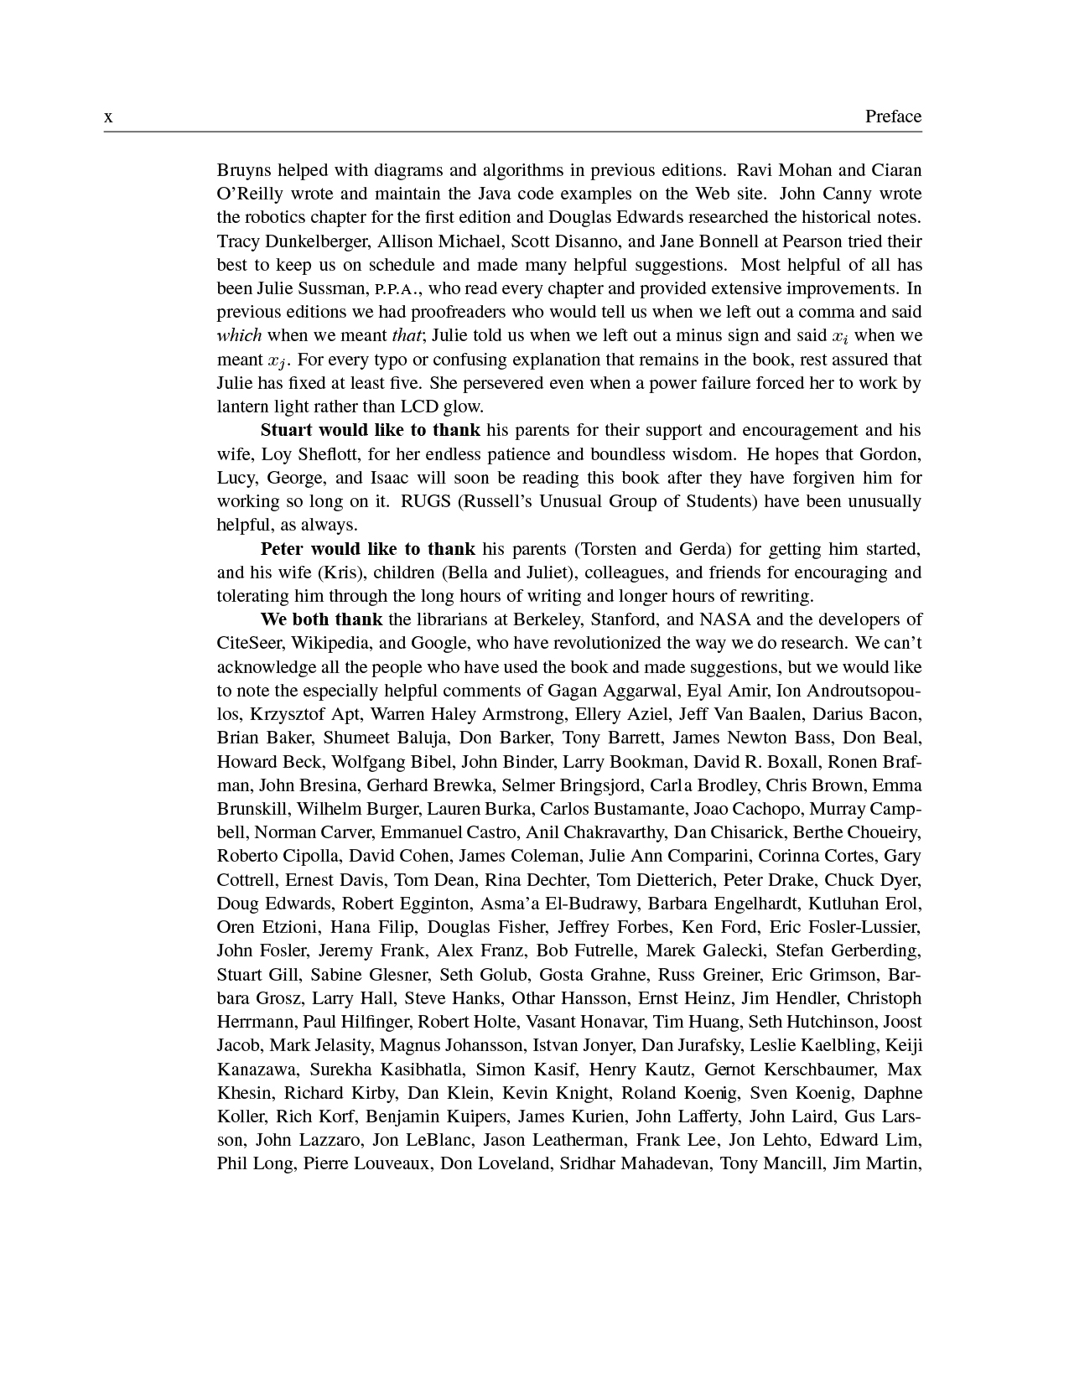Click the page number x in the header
[x=108, y=117]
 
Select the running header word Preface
[x=893, y=117]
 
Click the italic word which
[x=239, y=336]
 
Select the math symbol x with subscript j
[x=277, y=361]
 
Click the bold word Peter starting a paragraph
[x=282, y=550]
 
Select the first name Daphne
[x=893, y=1093]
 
